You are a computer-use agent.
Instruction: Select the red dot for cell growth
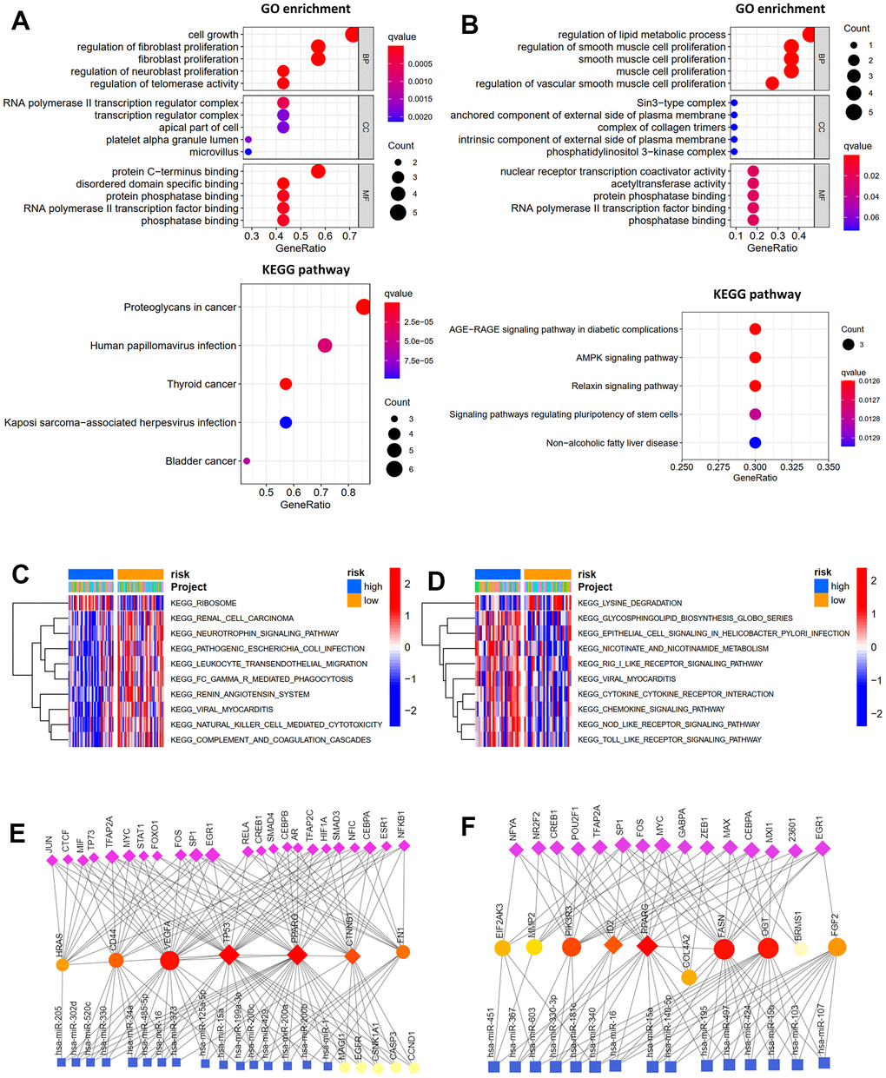click(x=352, y=35)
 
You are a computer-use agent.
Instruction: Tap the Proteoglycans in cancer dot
click(x=363, y=307)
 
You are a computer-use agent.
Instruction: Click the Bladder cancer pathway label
click(x=201, y=460)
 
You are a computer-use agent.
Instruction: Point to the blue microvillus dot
click(x=248, y=152)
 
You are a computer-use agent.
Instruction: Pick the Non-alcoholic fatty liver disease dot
click(x=755, y=443)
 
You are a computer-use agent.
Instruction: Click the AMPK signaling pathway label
click(x=626, y=358)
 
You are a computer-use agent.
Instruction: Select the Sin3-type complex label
click(x=681, y=103)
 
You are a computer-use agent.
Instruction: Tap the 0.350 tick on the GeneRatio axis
click(x=829, y=466)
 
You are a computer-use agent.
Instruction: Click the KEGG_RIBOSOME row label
click(x=203, y=603)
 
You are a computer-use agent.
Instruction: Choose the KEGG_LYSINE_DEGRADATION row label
click(x=630, y=603)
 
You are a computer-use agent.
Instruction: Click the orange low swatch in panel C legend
click(x=354, y=601)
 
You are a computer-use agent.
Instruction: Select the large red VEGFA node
click(x=169, y=960)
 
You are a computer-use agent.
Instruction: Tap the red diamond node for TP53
click(x=228, y=956)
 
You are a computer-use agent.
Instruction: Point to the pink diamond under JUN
click(x=51, y=860)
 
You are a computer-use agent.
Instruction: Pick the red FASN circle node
click(x=724, y=949)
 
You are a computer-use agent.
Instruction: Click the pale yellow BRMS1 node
click(x=801, y=949)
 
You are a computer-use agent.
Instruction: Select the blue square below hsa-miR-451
click(x=493, y=1066)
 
